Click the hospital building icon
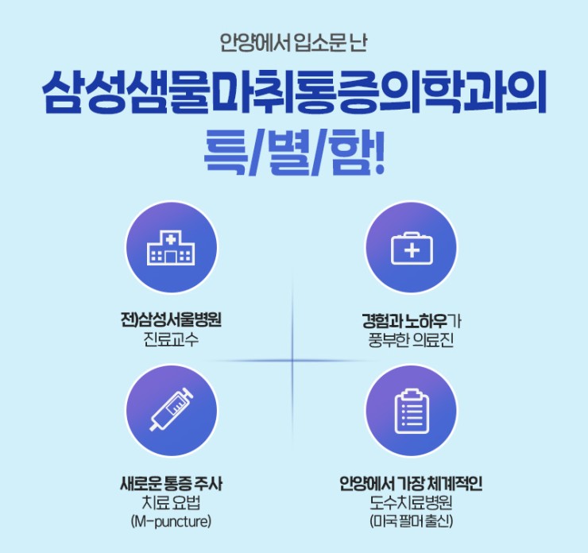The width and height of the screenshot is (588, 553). point(171,248)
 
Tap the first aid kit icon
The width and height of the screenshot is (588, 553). point(412,248)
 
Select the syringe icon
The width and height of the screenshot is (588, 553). point(172,410)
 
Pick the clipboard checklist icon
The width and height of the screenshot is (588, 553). point(412,412)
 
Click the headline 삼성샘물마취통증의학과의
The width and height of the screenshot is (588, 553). point(294,92)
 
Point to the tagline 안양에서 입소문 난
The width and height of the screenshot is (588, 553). point(293,43)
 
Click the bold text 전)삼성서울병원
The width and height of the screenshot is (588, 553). point(171,320)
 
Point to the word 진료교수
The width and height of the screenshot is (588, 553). point(171,340)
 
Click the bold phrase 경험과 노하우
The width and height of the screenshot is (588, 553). point(404,321)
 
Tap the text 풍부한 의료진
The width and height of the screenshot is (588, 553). point(412,340)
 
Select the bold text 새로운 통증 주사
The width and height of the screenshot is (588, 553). point(171,483)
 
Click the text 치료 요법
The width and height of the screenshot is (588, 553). point(171,502)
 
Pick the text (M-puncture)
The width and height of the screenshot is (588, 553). point(171,521)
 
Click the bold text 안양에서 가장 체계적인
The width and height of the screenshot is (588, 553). point(411,483)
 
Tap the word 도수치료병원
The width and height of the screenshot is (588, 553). point(411,502)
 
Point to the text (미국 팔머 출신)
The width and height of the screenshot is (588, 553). point(411,521)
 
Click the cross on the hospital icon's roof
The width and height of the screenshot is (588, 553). point(171,239)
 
